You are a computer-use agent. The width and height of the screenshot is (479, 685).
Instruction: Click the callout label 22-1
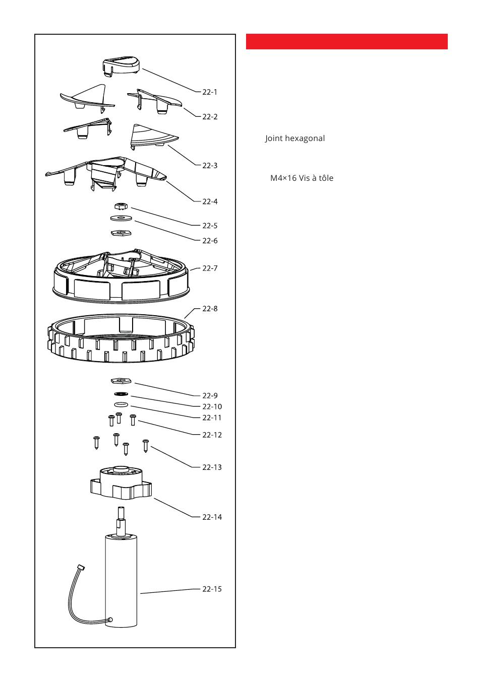[x=210, y=92]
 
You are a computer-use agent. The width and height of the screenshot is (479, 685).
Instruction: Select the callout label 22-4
[x=210, y=201]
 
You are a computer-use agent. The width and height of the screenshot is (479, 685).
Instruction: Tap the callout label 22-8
[x=210, y=309]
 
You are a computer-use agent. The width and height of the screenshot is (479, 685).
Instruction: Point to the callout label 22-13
[x=212, y=467]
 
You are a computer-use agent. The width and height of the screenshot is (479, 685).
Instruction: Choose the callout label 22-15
[x=212, y=589]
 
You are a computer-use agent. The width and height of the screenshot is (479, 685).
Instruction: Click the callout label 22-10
[x=212, y=406]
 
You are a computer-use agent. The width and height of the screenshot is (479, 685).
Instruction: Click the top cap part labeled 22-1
[x=121, y=65]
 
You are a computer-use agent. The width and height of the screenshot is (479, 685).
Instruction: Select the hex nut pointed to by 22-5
[x=121, y=207]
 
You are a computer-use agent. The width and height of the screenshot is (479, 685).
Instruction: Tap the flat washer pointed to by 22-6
[x=121, y=218]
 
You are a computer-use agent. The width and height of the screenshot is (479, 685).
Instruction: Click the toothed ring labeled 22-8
[x=121, y=348]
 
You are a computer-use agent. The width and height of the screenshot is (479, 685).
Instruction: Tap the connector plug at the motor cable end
[x=80, y=568]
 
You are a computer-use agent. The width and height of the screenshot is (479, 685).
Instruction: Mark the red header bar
[x=346, y=42]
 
